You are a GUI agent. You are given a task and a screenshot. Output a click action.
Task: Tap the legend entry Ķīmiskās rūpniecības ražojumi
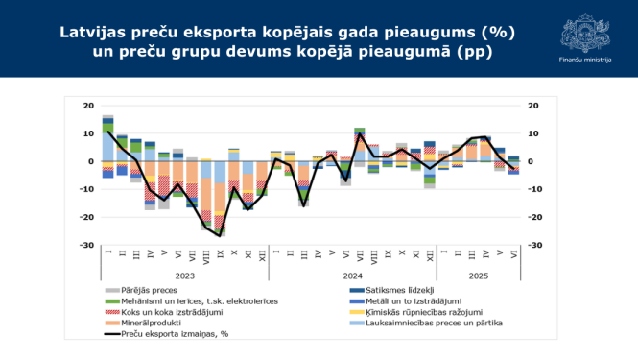tap(414, 313)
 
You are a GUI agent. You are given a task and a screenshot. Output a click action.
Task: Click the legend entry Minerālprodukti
tap(150, 324)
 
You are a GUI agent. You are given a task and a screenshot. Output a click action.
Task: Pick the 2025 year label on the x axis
tap(478, 274)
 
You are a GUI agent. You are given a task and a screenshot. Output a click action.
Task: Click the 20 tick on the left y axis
tap(87, 106)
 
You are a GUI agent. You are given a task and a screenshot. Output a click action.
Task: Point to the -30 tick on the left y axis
tap(85, 245)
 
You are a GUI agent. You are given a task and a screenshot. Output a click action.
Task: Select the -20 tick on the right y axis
tap(533, 217)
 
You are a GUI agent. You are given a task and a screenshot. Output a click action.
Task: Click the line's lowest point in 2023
tap(220, 234)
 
